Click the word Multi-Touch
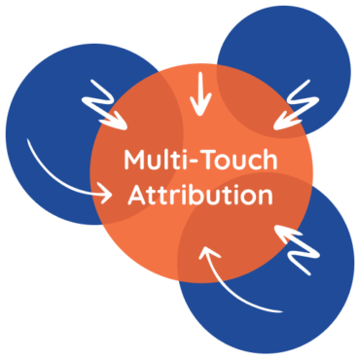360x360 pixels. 199,160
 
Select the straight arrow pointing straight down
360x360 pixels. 200,93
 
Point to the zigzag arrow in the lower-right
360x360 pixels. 303,245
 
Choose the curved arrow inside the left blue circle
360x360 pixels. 63,175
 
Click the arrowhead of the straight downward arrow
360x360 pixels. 200,110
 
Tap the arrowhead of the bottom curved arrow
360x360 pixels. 207,255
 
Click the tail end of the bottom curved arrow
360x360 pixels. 282,311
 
